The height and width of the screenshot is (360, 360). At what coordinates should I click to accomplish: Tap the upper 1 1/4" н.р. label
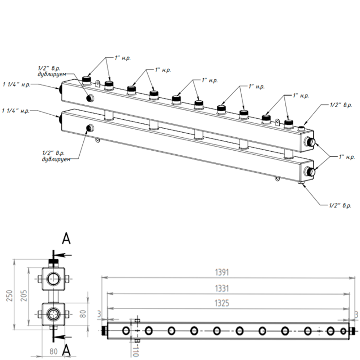tap(16, 84)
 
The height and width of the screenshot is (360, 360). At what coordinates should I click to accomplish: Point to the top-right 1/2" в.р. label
tap(341, 105)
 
